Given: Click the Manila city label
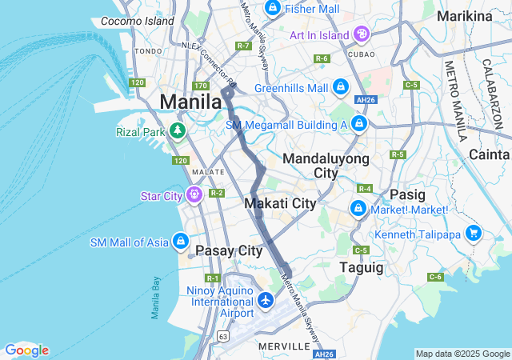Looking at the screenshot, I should (x=191, y=102).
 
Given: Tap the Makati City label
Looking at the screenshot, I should (x=280, y=203).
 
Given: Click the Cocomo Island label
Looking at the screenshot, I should (x=138, y=21).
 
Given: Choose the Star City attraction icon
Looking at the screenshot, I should (x=194, y=194).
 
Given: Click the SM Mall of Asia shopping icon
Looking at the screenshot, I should (x=182, y=241).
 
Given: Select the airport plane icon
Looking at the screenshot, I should (x=266, y=301).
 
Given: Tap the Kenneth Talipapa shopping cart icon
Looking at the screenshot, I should (x=474, y=234).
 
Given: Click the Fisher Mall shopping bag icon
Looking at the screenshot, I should (x=272, y=9).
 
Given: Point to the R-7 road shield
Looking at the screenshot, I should (x=244, y=46).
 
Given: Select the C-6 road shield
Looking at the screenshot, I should (x=435, y=277).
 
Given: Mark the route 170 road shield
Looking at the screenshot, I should (x=201, y=86).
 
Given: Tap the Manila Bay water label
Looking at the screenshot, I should (x=156, y=298).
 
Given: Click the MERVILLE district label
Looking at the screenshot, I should (x=283, y=346).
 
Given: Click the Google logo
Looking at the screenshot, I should (x=26, y=350).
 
